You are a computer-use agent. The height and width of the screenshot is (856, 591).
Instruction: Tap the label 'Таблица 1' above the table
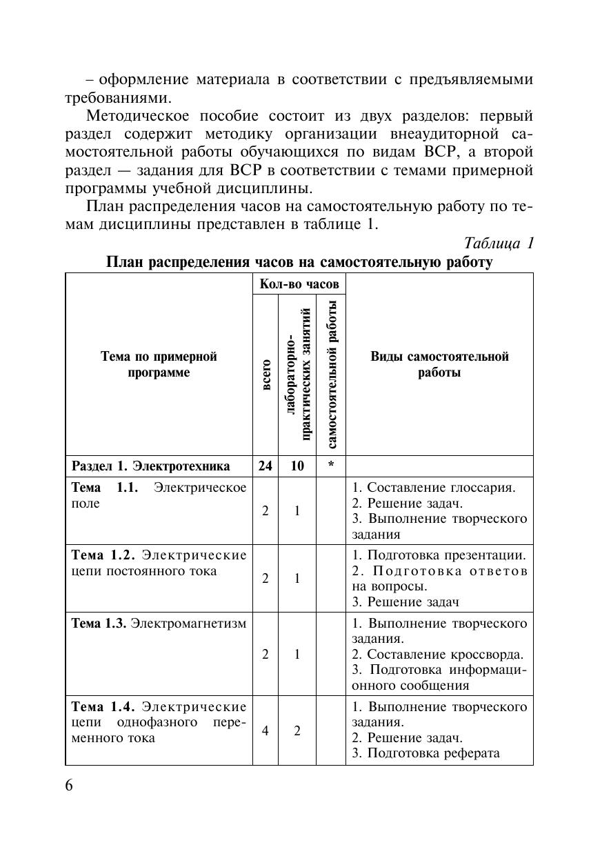pos(499,243)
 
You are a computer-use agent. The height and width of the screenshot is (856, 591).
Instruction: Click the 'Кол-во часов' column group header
pos(299,284)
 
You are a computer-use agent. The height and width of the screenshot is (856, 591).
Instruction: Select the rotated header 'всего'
pos(266,375)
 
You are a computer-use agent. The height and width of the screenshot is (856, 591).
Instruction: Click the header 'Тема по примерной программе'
pos(159,364)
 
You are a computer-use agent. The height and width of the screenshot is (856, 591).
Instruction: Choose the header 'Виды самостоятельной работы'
pos(439,364)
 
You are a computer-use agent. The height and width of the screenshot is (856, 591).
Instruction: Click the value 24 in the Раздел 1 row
pos(266,466)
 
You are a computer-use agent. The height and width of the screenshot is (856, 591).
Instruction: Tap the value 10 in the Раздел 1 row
pos(297,466)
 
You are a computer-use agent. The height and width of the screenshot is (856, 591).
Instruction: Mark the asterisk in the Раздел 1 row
pos(332,466)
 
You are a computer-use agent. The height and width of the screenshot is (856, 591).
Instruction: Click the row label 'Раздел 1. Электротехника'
pos(150,466)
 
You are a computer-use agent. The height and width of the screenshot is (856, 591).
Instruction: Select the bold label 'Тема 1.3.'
pos(99,624)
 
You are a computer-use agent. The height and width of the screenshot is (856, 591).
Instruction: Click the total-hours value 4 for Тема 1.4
pos(266,730)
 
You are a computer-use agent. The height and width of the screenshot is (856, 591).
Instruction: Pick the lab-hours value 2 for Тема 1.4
pos(297,730)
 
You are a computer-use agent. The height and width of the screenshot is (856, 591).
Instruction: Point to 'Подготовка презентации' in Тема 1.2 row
pos(446,555)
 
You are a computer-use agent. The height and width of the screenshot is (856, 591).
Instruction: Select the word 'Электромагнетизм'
pos(188,624)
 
